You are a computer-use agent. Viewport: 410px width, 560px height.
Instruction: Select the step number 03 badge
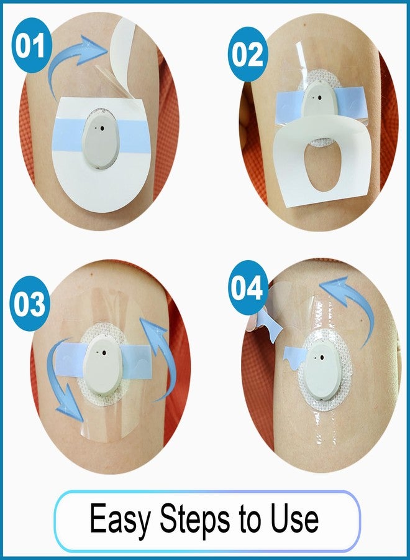29,304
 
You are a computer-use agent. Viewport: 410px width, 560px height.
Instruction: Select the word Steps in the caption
195,520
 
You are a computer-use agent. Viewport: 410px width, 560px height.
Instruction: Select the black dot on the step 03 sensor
104,353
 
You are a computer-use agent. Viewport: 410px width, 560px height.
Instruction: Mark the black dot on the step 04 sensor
322,358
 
